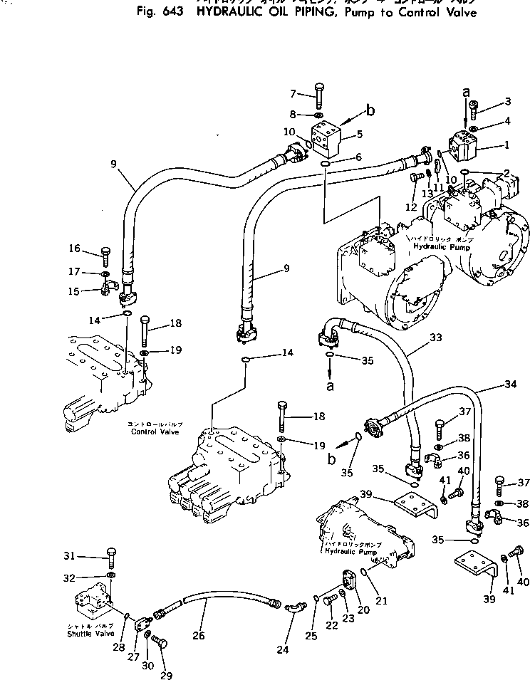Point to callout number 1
pos(506,145)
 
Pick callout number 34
pos(509,385)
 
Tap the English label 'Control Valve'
pos(154,431)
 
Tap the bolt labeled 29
pos(160,644)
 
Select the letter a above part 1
pos(467,92)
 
